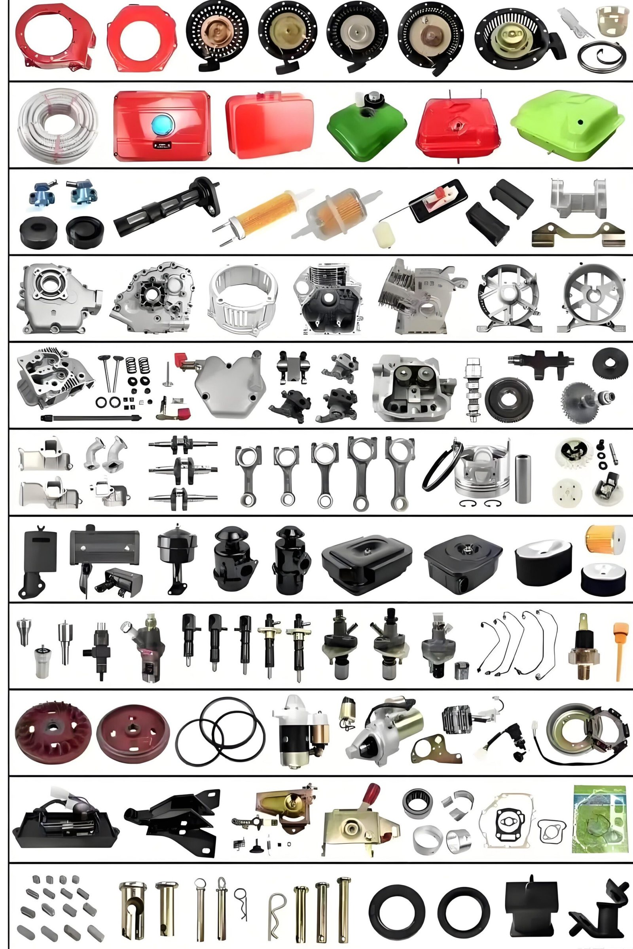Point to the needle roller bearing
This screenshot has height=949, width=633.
417,801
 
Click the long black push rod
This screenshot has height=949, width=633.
91,418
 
